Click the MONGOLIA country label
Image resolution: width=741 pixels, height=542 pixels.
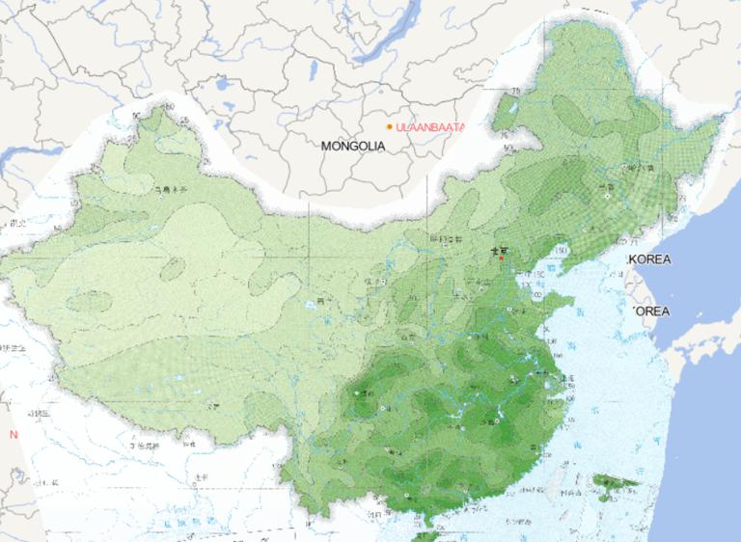click(353, 146)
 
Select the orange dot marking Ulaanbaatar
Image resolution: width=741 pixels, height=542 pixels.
click(390, 126)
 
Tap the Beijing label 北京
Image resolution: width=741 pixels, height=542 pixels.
click(499, 249)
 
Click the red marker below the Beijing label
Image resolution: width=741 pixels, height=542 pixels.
click(501, 257)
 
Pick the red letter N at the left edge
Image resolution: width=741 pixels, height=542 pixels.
click(14, 435)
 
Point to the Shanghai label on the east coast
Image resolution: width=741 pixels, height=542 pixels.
click(563, 379)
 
